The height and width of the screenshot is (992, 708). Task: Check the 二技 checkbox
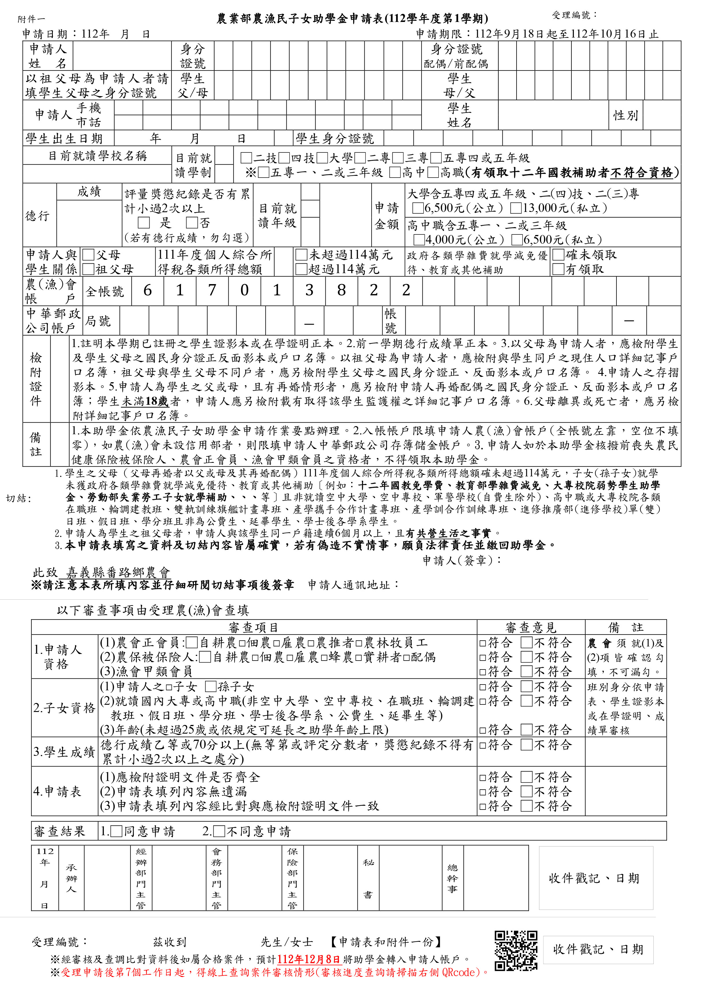tap(246, 158)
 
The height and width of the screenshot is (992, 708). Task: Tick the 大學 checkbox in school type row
tap(322, 158)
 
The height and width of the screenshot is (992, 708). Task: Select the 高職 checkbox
tap(433, 173)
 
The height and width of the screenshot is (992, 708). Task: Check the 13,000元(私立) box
tap(516, 208)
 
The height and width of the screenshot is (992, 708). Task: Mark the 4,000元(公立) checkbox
tap(419, 240)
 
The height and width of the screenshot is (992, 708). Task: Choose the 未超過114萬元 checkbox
tap(301, 255)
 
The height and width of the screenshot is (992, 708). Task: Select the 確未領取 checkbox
tap(558, 255)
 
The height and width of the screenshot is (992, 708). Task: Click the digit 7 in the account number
tap(212, 290)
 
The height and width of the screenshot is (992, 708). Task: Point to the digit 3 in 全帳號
tap(309, 290)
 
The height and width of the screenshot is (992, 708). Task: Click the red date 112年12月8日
tap(308, 959)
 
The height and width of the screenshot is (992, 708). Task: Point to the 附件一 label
tap(31, 19)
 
